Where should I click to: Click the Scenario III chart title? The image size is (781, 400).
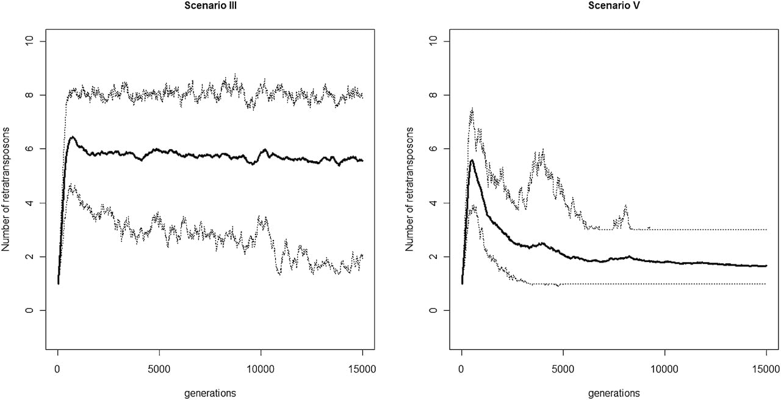click(211, 6)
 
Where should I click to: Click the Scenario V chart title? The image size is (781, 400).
click(614, 6)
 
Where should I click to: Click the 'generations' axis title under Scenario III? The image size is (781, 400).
click(210, 393)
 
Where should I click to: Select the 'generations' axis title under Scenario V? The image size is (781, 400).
click(614, 393)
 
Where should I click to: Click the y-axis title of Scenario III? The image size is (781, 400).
click(6, 189)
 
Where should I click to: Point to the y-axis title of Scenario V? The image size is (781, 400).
click(409, 189)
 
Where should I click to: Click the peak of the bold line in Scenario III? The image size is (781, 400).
click(72, 137)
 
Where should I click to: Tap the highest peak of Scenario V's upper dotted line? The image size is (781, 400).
click(472, 108)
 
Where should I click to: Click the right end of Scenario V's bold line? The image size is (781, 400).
click(766, 266)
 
